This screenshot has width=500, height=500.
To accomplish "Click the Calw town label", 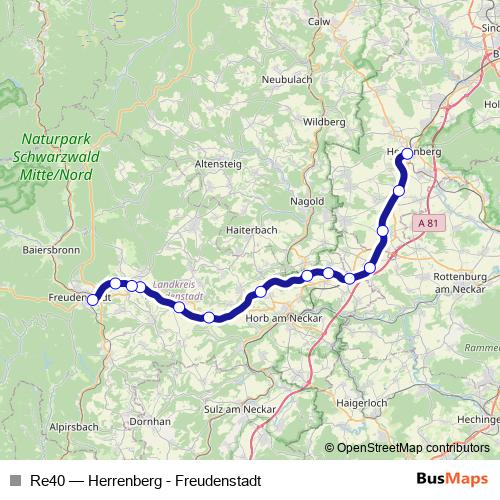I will tap(319, 21).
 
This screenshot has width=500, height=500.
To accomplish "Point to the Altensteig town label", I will tap(218, 162).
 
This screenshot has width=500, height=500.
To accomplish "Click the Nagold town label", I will tap(307, 201).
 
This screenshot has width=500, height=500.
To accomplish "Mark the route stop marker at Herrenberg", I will tap(407, 154).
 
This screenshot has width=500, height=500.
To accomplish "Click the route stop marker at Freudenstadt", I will tap(93, 299).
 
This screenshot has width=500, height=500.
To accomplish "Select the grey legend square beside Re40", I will tap(15, 481).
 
